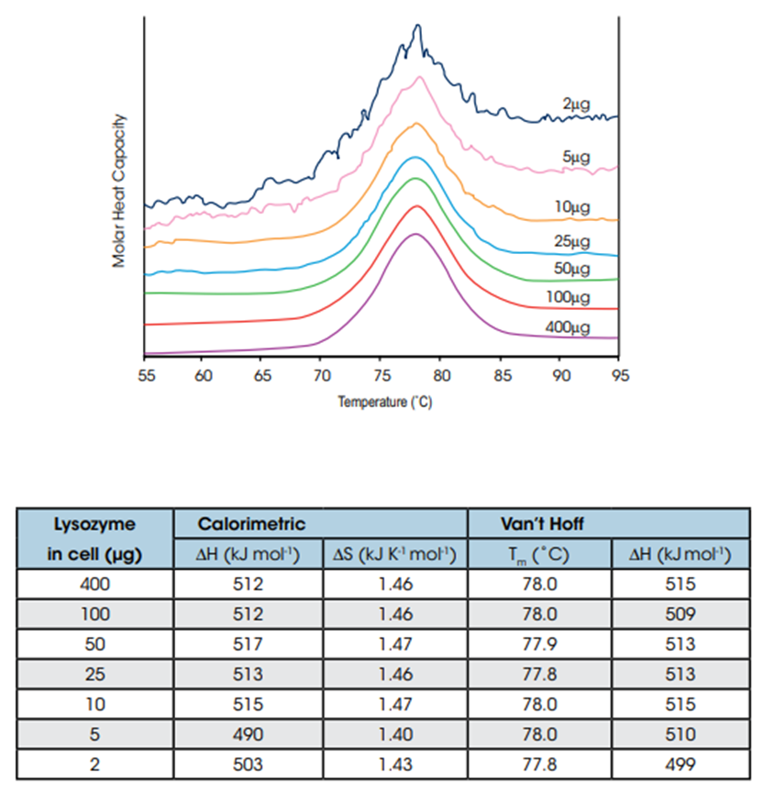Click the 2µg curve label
pos(579,105)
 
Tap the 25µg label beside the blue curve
pos(573,241)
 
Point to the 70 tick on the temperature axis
pos(321,375)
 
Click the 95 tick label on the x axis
pos(620,375)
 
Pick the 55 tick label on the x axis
pos(145,375)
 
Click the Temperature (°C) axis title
pos(384,402)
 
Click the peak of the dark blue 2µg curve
pos(418,27)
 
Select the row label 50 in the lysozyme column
pos(94,644)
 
